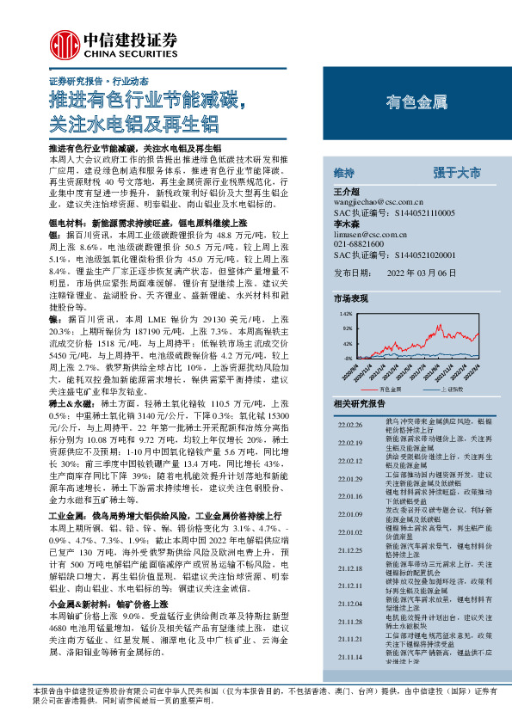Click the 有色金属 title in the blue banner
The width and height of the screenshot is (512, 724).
[x=417, y=102]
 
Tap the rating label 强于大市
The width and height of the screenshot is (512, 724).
[x=458, y=172]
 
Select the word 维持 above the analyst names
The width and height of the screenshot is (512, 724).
[x=343, y=172]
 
